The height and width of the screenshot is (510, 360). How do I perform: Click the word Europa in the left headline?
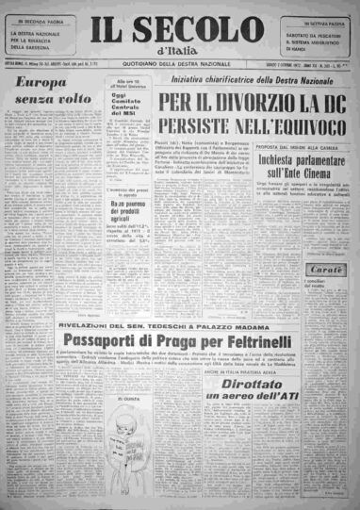click(x=37, y=83)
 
